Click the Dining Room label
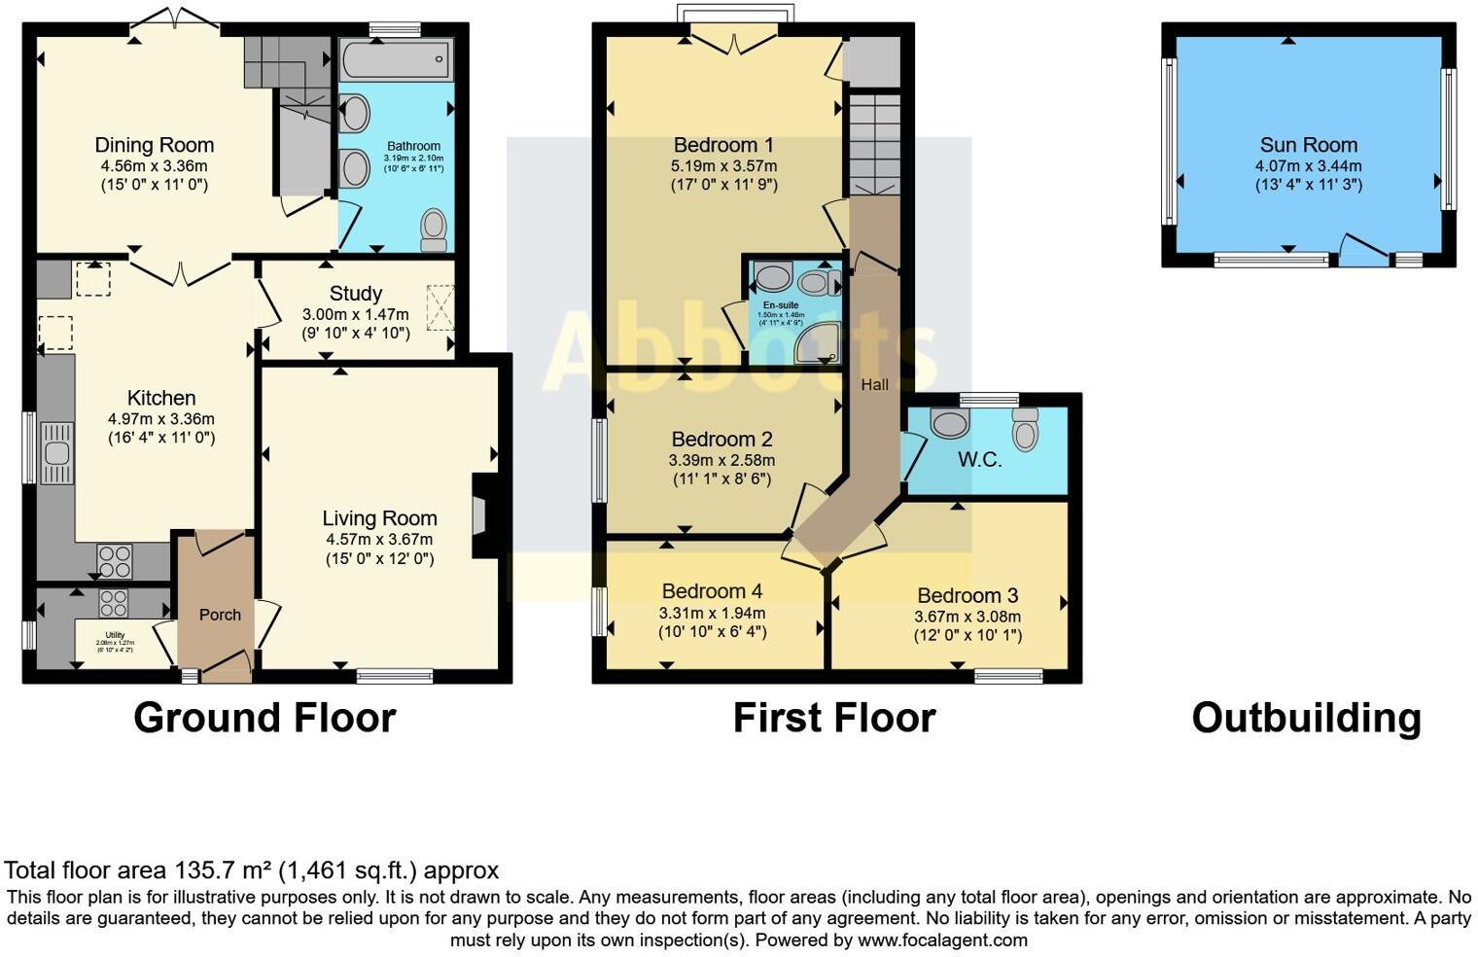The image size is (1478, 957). click(x=154, y=145)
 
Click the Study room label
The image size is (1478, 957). click(x=355, y=293)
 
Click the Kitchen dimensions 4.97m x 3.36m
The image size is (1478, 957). click(x=161, y=419)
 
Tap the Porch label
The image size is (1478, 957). click(x=220, y=615)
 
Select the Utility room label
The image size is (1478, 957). click(x=115, y=635)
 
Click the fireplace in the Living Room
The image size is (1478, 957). click(x=482, y=515)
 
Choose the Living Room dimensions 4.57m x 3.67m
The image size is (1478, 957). click(x=379, y=539)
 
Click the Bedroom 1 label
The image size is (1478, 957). click(x=723, y=145)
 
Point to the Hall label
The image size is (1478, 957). click(x=874, y=384)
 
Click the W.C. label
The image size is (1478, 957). click(x=979, y=460)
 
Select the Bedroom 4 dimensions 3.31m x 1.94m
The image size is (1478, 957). click(x=712, y=613)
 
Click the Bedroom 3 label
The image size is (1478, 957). click(x=968, y=595)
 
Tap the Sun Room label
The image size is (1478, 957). click(x=1308, y=145)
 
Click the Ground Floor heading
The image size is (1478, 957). click(x=264, y=718)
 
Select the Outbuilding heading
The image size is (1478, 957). click(x=1306, y=718)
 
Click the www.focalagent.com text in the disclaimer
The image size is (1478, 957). click(x=942, y=940)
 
